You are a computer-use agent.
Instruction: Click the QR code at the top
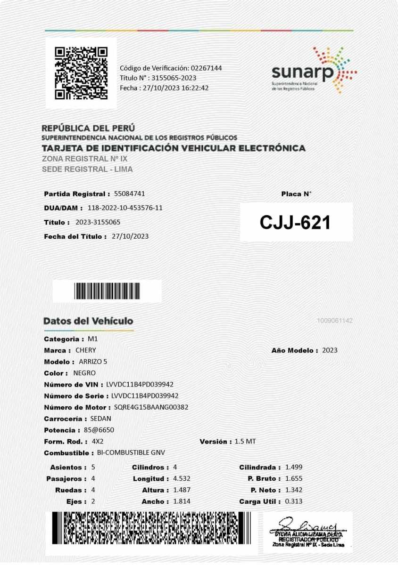click(x=81, y=73)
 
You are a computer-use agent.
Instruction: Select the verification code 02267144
click(x=206, y=68)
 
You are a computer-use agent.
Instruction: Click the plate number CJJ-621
click(x=296, y=222)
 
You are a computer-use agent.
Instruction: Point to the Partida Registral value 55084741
click(x=129, y=194)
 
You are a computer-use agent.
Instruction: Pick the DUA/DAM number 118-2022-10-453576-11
click(x=125, y=208)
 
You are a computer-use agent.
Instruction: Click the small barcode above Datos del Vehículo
click(x=107, y=291)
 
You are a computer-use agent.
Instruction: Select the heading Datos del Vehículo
click(x=88, y=321)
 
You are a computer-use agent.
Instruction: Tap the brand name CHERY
click(x=85, y=350)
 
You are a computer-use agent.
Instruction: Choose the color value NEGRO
click(x=84, y=373)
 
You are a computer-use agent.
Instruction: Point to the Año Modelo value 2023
click(x=330, y=350)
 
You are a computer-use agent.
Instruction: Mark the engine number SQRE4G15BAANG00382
click(x=151, y=407)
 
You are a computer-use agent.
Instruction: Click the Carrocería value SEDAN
click(x=100, y=419)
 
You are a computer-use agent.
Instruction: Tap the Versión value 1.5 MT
click(x=245, y=442)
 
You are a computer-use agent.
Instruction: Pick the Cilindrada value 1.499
click(x=293, y=467)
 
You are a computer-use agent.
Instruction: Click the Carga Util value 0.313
click(x=293, y=501)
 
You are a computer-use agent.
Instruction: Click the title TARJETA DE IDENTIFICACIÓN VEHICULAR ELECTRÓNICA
click(x=173, y=148)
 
